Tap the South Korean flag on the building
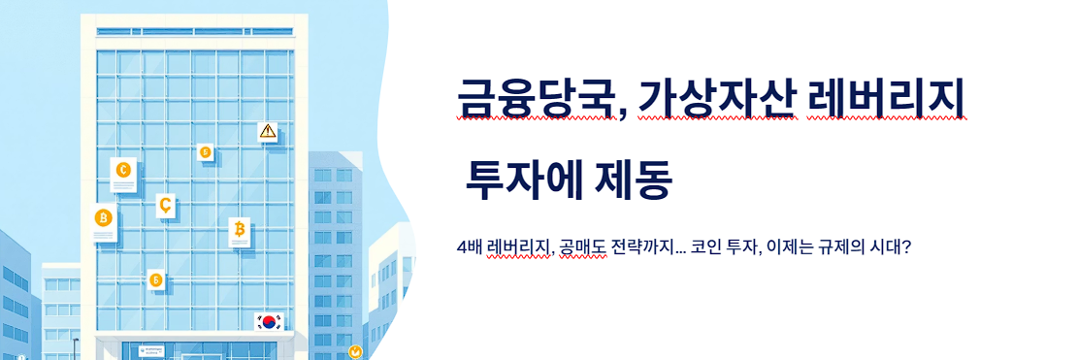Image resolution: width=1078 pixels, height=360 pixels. [267, 322]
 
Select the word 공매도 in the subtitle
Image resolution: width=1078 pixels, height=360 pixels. [581, 247]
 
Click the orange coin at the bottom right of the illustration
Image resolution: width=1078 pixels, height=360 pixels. [355, 352]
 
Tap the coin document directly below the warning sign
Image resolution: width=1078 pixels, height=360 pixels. [239, 230]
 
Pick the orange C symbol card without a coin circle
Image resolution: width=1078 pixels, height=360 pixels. [165, 205]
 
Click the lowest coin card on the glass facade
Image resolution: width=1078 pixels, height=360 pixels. [155, 279]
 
